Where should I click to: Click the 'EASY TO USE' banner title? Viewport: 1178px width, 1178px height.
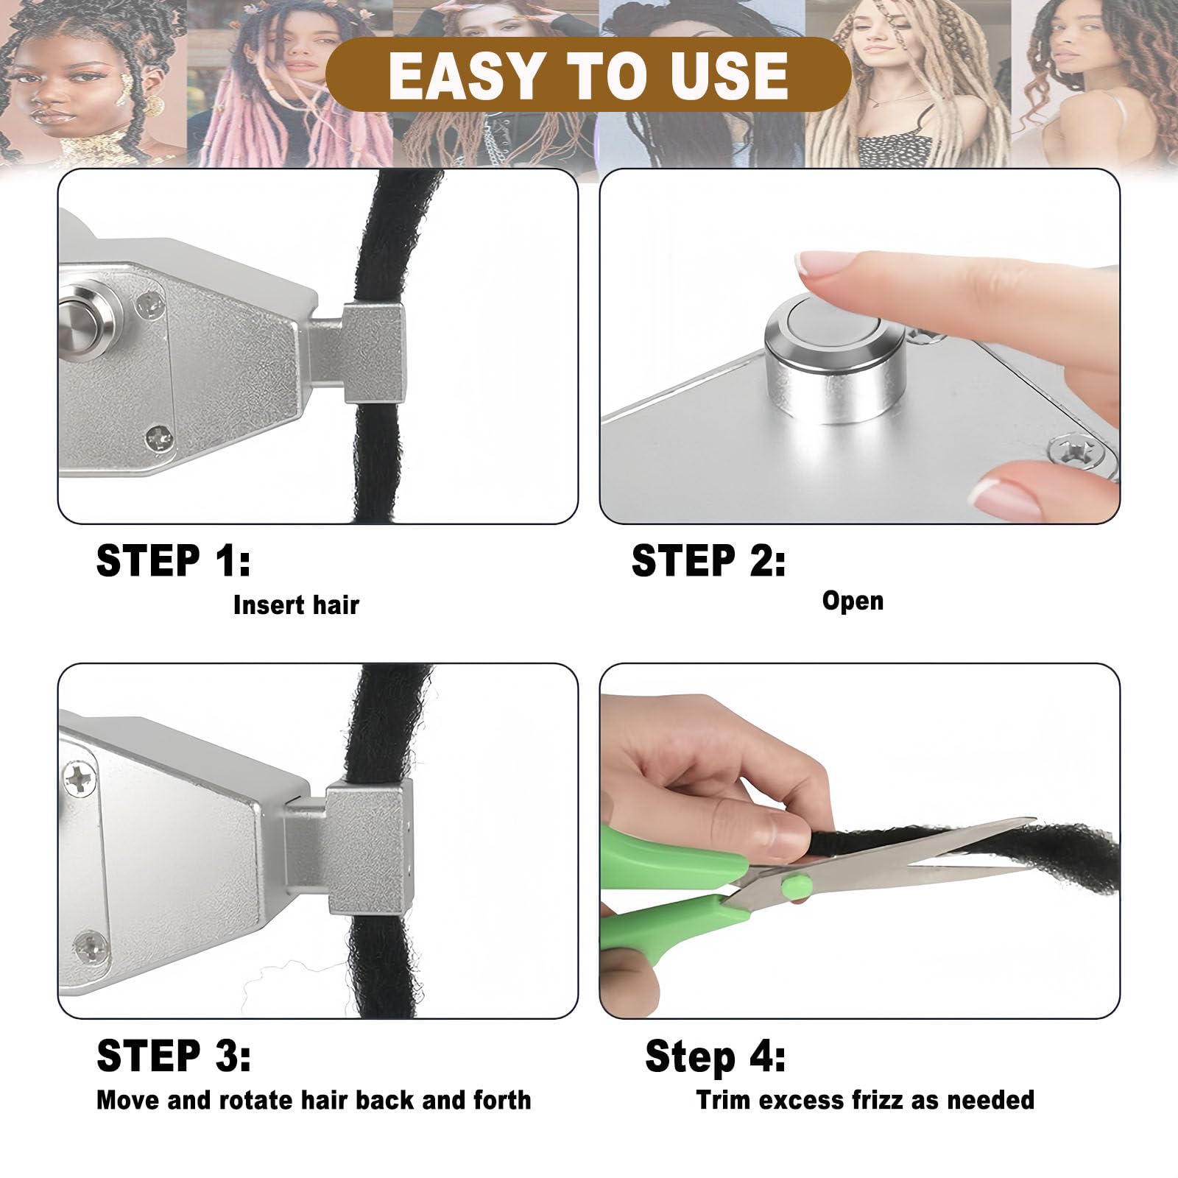[588, 75]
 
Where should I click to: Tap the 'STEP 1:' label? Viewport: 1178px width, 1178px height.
[174, 560]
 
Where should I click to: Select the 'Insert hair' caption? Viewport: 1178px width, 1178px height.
[296, 605]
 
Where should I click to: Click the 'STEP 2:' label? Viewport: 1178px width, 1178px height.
[708, 560]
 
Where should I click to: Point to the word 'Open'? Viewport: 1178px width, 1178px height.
[853, 601]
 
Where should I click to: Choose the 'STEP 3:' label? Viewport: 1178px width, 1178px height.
[174, 1056]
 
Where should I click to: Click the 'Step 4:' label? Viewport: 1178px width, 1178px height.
[715, 1057]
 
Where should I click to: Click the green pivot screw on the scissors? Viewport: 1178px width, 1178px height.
[797, 886]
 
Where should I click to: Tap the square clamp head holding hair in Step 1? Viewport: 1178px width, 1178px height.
[375, 353]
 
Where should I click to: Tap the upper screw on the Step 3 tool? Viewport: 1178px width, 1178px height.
[80, 779]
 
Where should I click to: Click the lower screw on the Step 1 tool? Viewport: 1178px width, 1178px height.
[158, 439]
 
